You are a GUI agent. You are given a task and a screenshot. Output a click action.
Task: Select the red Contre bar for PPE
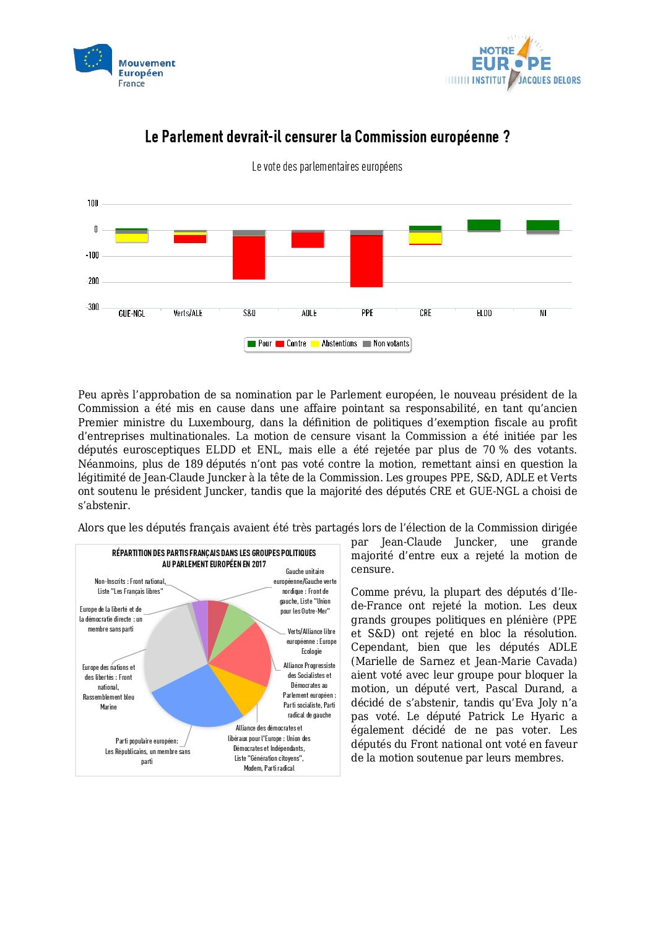[367, 261]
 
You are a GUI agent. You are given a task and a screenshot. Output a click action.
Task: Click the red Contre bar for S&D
[249, 257]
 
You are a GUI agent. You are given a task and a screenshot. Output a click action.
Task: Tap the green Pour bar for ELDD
[484, 225]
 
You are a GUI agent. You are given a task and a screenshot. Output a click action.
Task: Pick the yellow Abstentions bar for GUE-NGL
[131, 238]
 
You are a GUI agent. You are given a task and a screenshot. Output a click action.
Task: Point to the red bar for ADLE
[308, 240]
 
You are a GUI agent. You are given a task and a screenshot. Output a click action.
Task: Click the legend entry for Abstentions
[334, 344]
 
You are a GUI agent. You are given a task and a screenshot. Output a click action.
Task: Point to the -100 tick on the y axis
[92, 255]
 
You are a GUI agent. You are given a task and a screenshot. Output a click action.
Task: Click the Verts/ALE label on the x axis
[188, 314]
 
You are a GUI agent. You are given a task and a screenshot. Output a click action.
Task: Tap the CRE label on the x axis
[425, 314]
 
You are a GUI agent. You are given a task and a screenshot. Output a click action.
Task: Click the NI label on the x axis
[543, 314]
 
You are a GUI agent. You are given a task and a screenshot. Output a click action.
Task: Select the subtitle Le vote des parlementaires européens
[327, 167]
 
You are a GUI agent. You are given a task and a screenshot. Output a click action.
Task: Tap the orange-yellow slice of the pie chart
[246, 690]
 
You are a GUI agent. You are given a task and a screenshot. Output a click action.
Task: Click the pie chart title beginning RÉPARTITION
[214, 558]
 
